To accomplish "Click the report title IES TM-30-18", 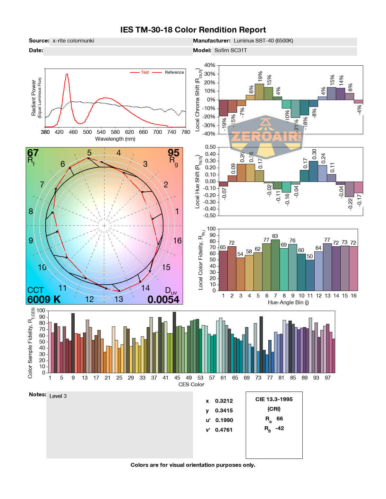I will click(x=193, y=30).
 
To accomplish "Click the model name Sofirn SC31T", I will click(x=231, y=50).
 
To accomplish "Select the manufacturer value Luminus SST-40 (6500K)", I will click(x=263, y=41).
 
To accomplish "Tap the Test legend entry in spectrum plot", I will click(x=145, y=72).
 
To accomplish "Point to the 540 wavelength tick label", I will click(x=101, y=132).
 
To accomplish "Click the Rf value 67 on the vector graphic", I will click(x=33, y=153).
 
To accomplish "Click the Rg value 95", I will click(x=173, y=153).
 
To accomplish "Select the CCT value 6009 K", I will click(x=44, y=299).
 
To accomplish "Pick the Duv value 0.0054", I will click(x=163, y=299).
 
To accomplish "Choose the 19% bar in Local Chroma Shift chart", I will click(x=259, y=92).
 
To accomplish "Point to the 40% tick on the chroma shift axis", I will click(x=209, y=65).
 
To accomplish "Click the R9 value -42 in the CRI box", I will click(x=280, y=428).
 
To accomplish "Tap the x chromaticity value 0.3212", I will click(x=224, y=401).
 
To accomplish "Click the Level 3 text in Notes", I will click(x=58, y=396).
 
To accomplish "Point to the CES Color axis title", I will click(x=191, y=384).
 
